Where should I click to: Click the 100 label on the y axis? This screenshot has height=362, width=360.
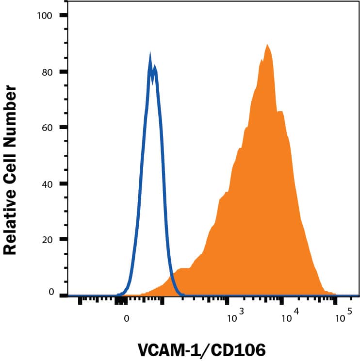[45, 16]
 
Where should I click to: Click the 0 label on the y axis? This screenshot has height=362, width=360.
[50, 292]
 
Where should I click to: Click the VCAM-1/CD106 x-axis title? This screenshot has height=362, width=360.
[202, 350]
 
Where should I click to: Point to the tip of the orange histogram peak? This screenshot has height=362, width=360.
[267, 45]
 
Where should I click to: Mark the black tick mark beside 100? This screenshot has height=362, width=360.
[64, 16]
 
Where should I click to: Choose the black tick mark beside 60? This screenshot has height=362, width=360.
[64, 128]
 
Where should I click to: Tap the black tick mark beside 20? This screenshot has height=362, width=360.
[64, 240]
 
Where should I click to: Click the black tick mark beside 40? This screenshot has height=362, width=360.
[64, 184]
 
